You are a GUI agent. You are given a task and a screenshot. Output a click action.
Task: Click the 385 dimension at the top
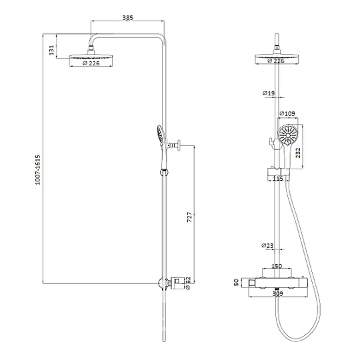(127, 18)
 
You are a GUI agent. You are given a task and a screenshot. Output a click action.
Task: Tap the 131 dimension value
(51, 50)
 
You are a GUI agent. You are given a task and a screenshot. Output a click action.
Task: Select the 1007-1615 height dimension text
(37, 170)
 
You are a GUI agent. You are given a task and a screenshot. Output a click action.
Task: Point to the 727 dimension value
(189, 217)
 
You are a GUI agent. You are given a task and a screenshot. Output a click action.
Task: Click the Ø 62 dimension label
(188, 283)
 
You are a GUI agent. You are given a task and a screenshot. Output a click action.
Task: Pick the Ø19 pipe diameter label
(269, 93)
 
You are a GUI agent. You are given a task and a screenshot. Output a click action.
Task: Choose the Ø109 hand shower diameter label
(287, 113)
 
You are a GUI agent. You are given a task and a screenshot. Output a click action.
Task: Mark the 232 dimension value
(298, 153)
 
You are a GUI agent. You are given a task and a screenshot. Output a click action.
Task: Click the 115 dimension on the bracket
(278, 178)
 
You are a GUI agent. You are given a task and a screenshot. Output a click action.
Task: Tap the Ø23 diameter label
(267, 245)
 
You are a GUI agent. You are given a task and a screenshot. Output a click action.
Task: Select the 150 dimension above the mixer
(277, 266)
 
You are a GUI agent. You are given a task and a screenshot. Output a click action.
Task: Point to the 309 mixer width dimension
(278, 293)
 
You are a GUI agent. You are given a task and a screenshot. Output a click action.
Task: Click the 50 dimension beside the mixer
(237, 282)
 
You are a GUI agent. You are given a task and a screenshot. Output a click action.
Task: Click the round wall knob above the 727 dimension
(179, 145)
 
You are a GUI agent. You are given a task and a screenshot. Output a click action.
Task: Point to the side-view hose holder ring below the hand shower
(163, 172)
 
